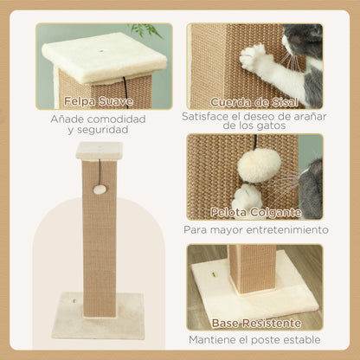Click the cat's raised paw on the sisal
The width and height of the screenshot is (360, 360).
(255, 59)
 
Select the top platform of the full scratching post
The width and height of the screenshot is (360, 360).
(99, 151)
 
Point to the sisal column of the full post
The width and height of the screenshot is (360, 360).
(99, 234)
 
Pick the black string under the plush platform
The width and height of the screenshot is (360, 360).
(125, 86)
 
